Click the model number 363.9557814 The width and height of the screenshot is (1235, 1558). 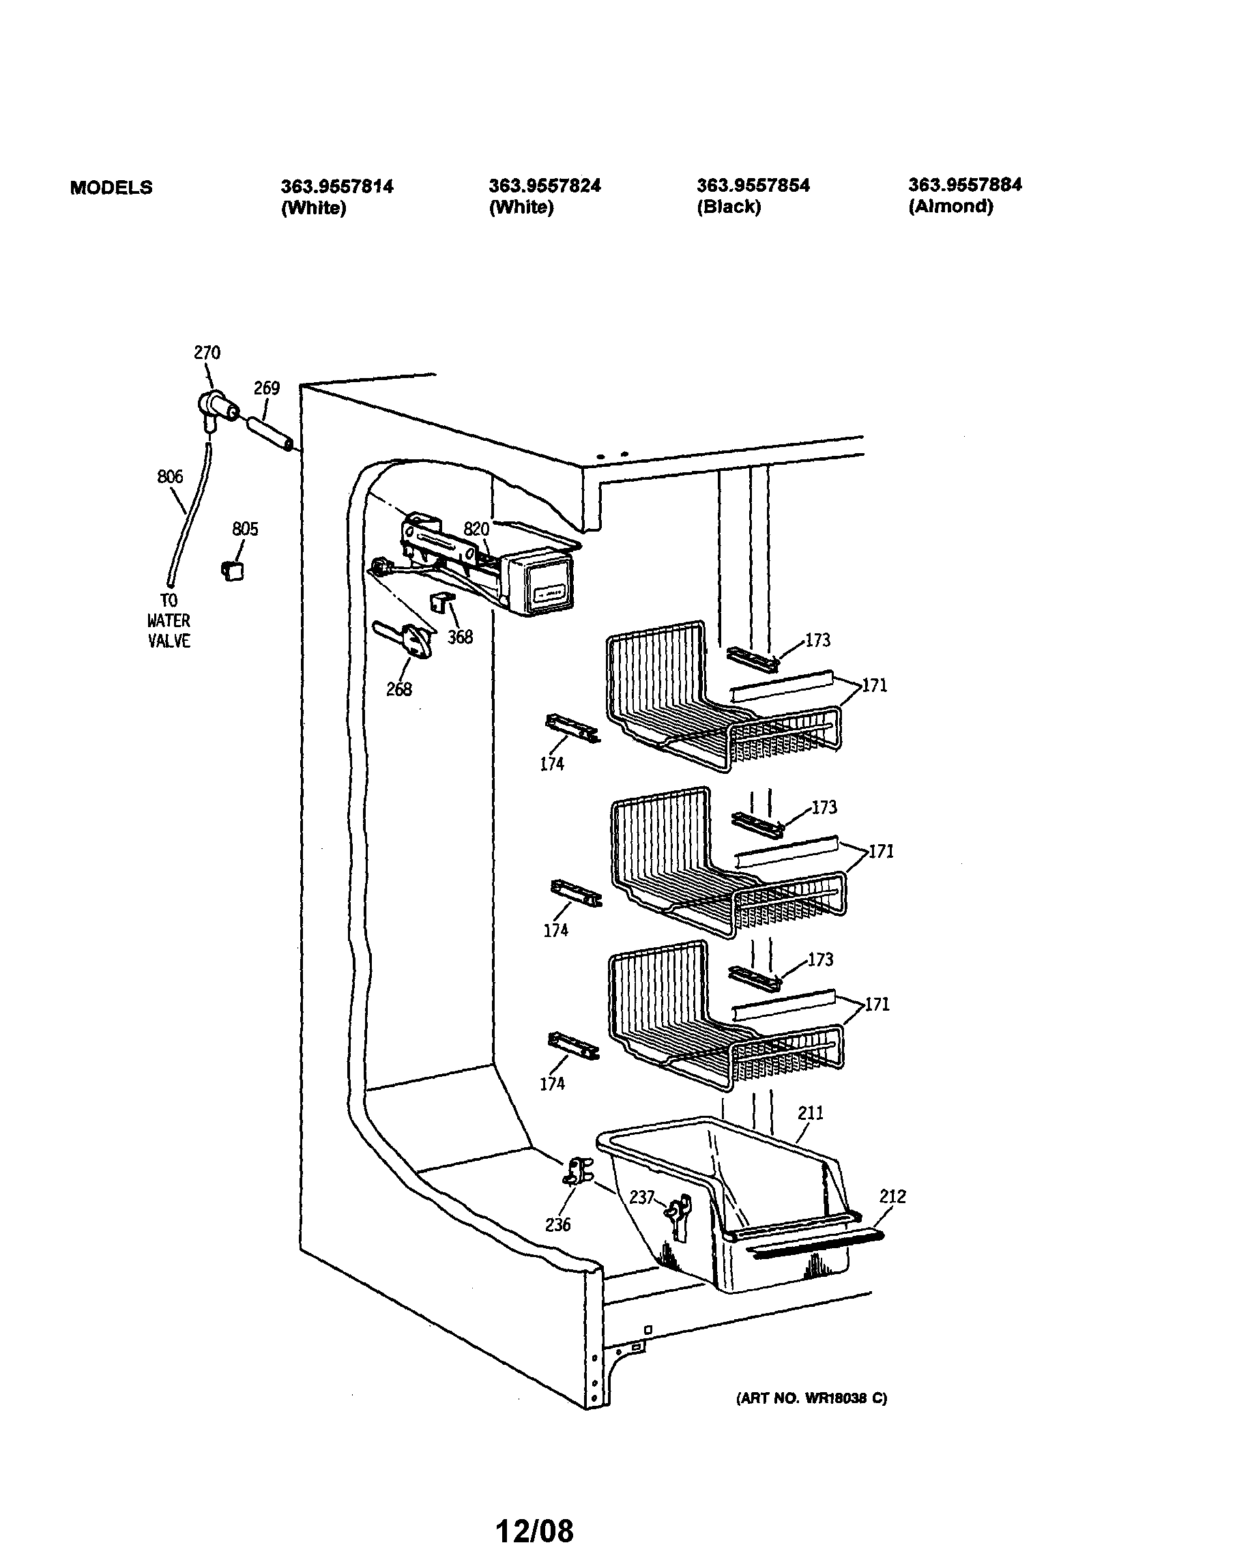click(x=337, y=186)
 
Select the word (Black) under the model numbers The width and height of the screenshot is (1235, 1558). click(x=729, y=207)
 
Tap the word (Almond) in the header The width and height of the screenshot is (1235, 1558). click(x=950, y=206)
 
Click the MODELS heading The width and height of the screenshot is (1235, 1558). click(x=111, y=187)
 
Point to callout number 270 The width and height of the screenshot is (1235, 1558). click(x=207, y=353)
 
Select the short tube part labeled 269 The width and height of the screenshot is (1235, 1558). click(x=270, y=433)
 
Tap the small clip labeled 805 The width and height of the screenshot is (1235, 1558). click(x=232, y=571)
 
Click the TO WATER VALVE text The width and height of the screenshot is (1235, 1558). click(x=169, y=620)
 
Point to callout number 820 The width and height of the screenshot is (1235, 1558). click(x=476, y=529)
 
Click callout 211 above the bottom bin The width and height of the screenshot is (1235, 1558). click(x=810, y=1112)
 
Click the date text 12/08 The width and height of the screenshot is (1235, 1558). click(x=534, y=1530)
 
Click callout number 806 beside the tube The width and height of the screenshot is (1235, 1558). click(x=170, y=476)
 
